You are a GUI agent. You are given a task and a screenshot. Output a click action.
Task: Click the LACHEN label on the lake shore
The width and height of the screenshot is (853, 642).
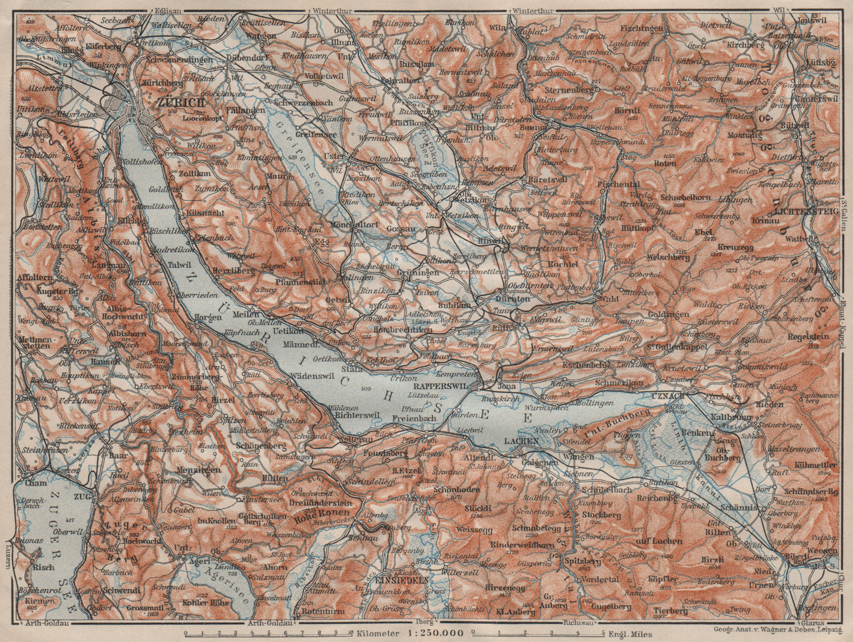(x=521, y=440)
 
